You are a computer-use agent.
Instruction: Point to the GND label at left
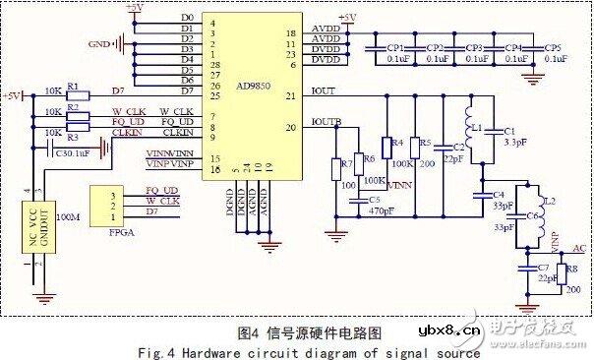[x=98, y=43]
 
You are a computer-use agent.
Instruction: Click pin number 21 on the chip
[x=290, y=95]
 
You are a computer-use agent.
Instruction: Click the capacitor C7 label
[x=543, y=267]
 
